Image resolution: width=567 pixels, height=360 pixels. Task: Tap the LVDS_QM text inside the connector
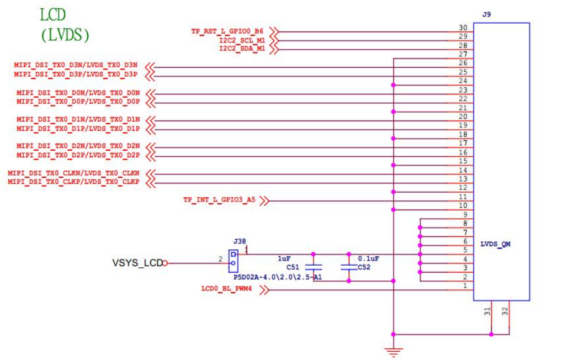(x=495, y=244)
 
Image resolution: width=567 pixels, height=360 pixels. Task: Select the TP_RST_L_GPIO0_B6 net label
(x=227, y=31)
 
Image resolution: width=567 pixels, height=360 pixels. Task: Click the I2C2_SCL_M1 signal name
(x=242, y=40)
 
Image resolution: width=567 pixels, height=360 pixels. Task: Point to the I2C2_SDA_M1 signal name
(x=242, y=49)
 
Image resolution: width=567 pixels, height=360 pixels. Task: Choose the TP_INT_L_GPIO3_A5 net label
(x=219, y=200)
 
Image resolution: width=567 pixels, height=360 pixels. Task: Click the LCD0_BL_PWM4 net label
(x=227, y=289)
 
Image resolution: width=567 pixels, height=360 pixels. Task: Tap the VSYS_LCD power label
(x=137, y=263)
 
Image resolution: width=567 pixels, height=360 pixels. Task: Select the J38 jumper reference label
(x=239, y=241)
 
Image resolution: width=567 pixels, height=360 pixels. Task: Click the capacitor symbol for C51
(x=313, y=267)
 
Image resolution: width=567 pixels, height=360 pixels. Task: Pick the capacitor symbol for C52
(x=348, y=267)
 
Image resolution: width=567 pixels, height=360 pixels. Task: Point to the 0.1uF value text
(x=368, y=258)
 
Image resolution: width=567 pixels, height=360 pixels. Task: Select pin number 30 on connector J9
(x=463, y=28)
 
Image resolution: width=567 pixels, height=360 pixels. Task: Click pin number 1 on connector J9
(x=465, y=285)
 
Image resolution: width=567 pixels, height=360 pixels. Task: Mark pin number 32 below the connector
(x=505, y=311)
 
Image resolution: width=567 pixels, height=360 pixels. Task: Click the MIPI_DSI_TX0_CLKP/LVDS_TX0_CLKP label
(x=73, y=182)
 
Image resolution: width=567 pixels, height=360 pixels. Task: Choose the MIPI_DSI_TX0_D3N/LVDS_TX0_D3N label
(x=76, y=65)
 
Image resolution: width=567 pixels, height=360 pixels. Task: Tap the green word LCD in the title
(x=57, y=15)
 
